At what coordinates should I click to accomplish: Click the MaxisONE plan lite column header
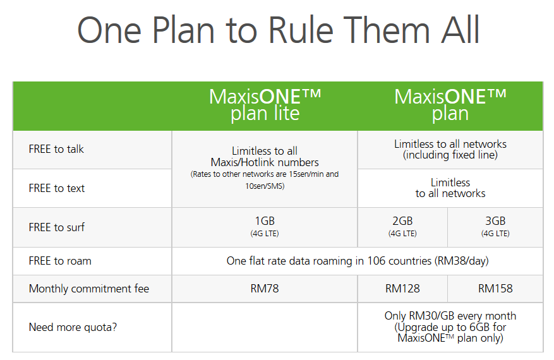coord(265,105)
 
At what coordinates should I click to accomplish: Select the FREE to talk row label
coord(56,149)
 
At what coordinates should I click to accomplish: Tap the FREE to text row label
coord(56,188)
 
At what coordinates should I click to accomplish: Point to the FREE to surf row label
coord(56,227)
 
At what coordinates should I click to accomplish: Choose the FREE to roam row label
coord(60,261)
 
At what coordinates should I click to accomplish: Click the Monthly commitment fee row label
coord(89,289)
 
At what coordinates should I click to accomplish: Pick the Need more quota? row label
coord(73,327)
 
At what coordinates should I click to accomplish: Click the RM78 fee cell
coord(265,289)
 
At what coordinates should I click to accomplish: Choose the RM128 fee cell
coord(402,289)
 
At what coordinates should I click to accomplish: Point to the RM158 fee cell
coord(495,289)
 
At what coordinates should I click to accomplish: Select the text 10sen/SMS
coord(265,186)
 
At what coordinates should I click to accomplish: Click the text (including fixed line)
coord(450,155)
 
